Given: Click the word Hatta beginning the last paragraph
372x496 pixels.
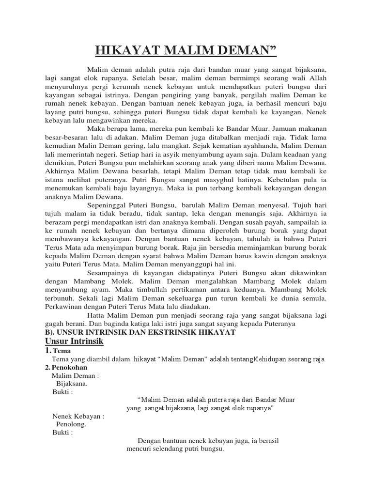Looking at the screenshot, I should click(x=97, y=314).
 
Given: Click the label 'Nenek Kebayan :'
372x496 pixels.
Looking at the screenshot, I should click(x=78, y=416).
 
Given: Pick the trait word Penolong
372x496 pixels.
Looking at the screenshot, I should click(x=71, y=424).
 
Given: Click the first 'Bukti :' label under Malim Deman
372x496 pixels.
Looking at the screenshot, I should click(x=63, y=392).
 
